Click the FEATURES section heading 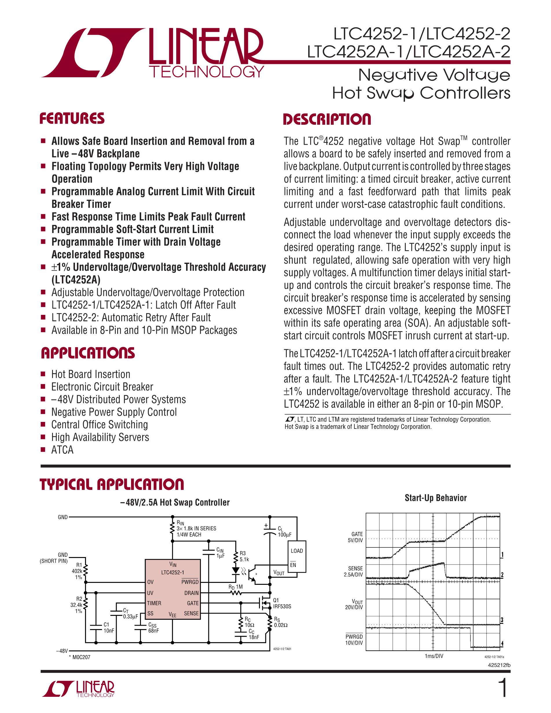click(72, 119)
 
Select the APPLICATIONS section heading click(87, 353)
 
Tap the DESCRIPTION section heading click(327, 119)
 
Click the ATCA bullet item click(62, 450)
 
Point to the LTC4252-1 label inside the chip click(173, 572)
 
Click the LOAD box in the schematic click(297, 551)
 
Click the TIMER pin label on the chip click(154, 603)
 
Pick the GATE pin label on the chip click(192, 603)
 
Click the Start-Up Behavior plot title click(436, 498)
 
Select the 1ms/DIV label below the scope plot click(434, 656)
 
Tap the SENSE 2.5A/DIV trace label click(354, 571)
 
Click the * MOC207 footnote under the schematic click(79, 657)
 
